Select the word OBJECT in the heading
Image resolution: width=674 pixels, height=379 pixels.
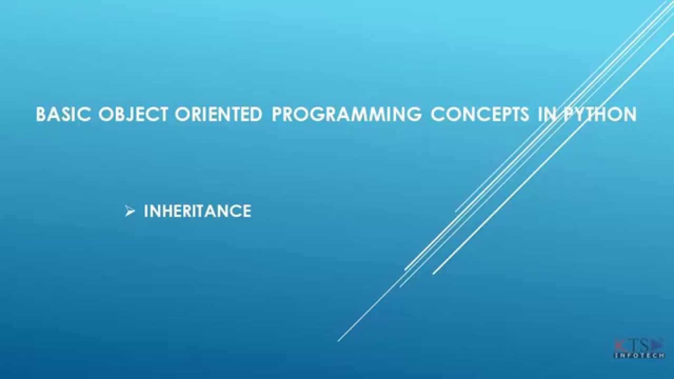pyautogui.click(x=133, y=114)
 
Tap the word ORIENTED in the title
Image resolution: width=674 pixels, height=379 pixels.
pyautogui.click(x=219, y=114)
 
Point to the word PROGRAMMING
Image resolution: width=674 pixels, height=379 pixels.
pyautogui.click(x=346, y=114)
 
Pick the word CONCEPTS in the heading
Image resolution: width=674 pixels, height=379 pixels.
pyautogui.click(x=480, y=114)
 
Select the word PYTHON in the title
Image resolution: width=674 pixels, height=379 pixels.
pyautogui.click(x=600, y=114)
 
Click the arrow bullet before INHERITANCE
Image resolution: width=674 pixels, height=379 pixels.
pyautogui.click(x=130, y=211)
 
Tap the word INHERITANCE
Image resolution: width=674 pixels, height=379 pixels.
pyautogui.click(x=197, y=211)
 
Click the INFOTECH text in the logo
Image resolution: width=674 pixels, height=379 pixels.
pyautogui.click(x=639, y=355)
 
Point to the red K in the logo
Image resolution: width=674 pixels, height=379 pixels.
pyautogui.click(x=619, y=345)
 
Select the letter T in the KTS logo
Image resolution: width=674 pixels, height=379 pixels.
pyautogui.click(x=632, y=345)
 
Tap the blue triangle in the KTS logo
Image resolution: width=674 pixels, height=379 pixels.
pyautogui.click(x=657, y=345)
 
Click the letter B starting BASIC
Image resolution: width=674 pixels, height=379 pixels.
pyautogui.click(x=41, y=114)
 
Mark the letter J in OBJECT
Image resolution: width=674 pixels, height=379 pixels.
pyautogui.click(x=130, y=114)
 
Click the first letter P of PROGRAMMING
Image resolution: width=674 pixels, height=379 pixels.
pyautogui.click(x=277, y=114)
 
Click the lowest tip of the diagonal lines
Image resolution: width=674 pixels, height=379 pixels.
pyautogui.click(x=338, y=341)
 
